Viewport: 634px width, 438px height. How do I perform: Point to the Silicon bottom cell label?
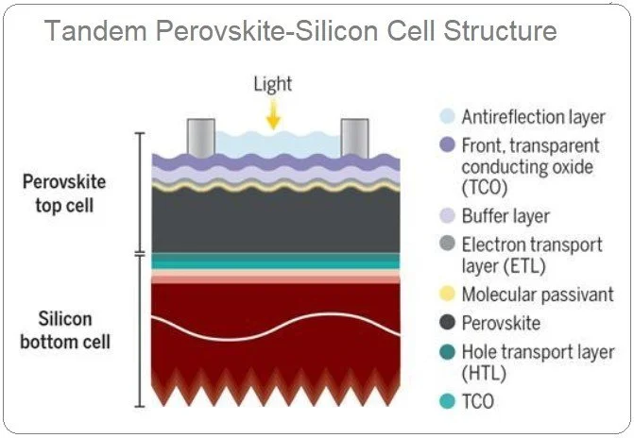[64, 329]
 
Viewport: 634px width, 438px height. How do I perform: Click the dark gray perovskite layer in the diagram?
[274, 221]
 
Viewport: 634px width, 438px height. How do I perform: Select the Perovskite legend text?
[501, 323]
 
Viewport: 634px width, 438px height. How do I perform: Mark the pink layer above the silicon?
[274, 277]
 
